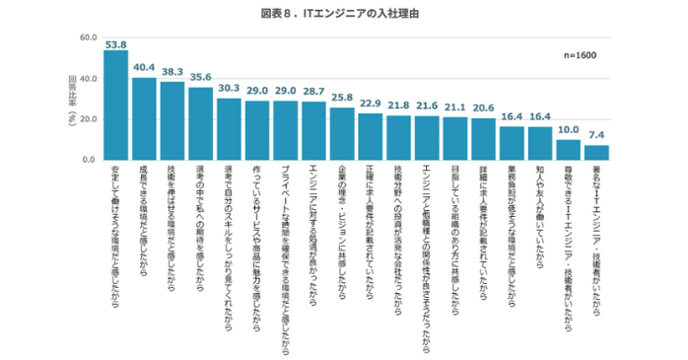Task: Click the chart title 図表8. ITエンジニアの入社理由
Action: pyautogui.click(x=344, y=15)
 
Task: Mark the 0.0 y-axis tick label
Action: pyautogui.click(x=87, y=159)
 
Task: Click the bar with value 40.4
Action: pyautogui.click(x=144, y=118)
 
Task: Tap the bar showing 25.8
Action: pyautogui.click(x=342, y=133)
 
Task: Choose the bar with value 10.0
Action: pyautogui.click(x=568, y=149)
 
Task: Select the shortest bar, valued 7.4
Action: pyautogui.click(x=596, y=152)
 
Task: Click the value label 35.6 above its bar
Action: pyautogui.click(x=201, y=77)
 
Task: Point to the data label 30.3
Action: pyautogui.click(x=229, y=88)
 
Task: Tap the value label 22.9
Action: pyautogui.click(x=370, y=103)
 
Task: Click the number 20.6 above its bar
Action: pyautogui.click(x=483, y=108)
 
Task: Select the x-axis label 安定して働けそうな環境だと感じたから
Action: pyautogui.click(x=115, y=232)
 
